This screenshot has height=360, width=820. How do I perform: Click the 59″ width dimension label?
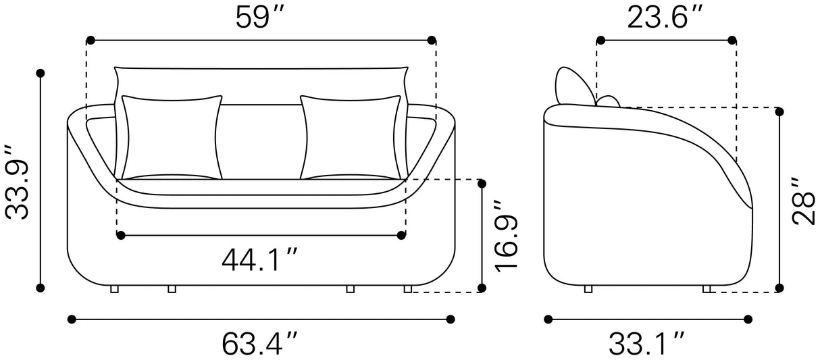coord(259,18)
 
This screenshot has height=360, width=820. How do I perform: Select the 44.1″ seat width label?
coord(259,260)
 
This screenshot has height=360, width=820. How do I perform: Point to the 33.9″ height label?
coord(17,182)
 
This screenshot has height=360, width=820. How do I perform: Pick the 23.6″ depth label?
coord(665,18)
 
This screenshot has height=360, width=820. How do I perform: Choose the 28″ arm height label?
coord(804,201)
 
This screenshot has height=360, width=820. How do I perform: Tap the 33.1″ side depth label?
coord(646,344)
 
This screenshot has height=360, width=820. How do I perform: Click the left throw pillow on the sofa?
coord(172,137)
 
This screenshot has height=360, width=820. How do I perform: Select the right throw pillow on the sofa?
coord(351,137)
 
